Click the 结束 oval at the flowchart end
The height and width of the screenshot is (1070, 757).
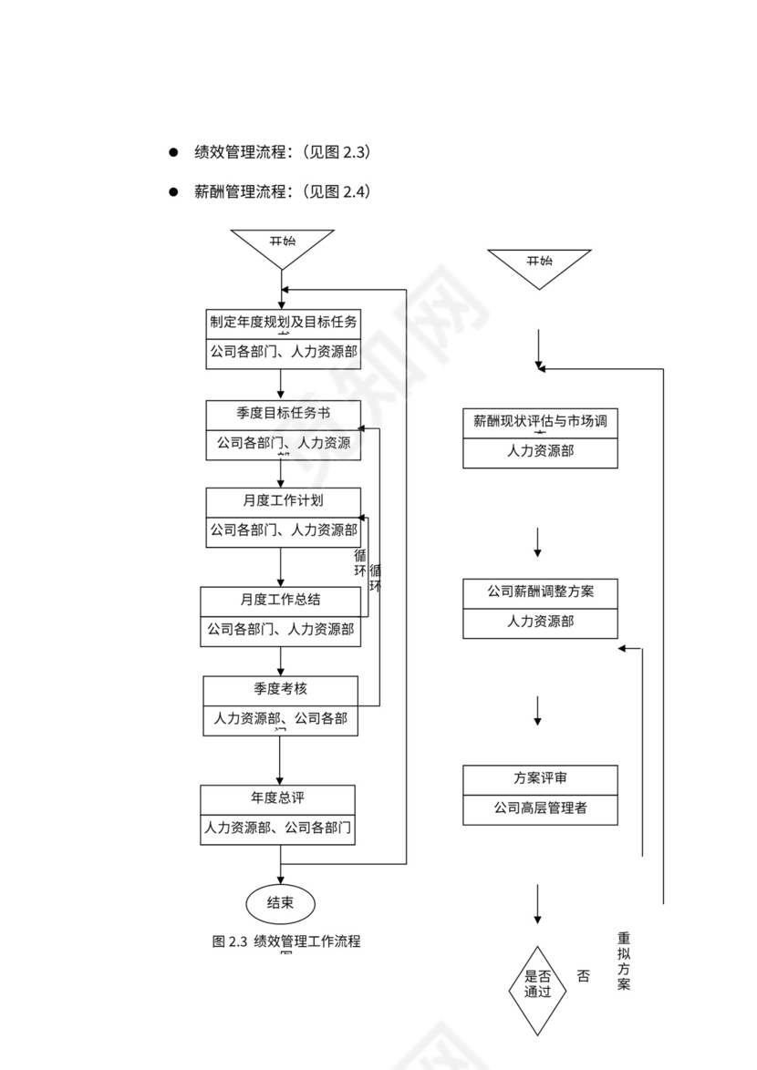click(280, 903)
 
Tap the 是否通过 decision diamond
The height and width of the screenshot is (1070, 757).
click(537, 985)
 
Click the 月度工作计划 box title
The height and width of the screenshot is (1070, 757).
click(283, 500)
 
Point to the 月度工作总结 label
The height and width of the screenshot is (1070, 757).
click(280, 600)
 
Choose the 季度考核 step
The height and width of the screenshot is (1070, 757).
click(280, 687)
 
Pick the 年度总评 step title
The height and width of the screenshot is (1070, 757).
click(277, 797)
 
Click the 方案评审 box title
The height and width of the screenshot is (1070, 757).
click(540, 778)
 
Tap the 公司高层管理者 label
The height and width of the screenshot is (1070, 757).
click(540, 808)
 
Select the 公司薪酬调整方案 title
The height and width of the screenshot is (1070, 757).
click(540, 592)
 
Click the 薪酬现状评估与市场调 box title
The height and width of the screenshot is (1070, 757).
click(540, 421)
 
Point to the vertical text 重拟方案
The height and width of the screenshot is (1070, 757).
click(623, 961)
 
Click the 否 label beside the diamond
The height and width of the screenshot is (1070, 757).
click(583, 976)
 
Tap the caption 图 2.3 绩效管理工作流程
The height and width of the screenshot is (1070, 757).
click(285, 941)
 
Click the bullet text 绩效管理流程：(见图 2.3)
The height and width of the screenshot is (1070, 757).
click(283, 152)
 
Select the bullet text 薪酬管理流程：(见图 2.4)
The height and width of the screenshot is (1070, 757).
click(283, 192)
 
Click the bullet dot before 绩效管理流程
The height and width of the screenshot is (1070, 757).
click(171, 152)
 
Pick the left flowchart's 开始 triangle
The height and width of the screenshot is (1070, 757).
click(282, 245)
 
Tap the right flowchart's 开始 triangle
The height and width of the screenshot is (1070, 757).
click(539, 265)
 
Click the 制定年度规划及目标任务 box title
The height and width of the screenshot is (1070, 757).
click(283, 322)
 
